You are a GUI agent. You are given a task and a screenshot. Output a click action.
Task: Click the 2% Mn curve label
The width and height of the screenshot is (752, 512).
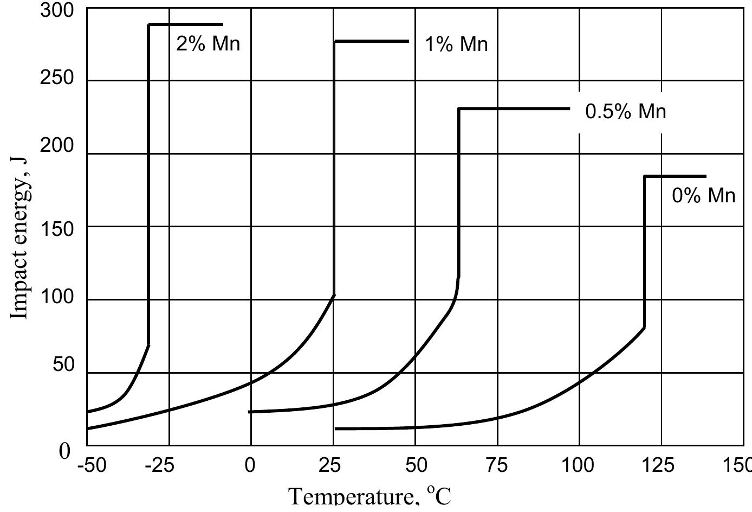(x=208, y=43)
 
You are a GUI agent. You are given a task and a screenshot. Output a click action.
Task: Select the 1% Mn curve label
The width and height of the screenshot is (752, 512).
(x=456, y=44)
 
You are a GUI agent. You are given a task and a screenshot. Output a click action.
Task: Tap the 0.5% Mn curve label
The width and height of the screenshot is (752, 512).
(x=625, y=111)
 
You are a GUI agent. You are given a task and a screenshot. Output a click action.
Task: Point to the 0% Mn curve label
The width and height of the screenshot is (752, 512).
(x=704, y=195)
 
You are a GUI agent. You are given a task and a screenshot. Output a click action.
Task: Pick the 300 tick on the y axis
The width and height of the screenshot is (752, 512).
(x=57, y=10)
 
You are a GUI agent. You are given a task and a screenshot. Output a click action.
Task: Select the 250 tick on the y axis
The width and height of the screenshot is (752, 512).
(x=57, y=78)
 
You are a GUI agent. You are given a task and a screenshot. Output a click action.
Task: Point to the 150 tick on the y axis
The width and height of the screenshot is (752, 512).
(x=57, y=229)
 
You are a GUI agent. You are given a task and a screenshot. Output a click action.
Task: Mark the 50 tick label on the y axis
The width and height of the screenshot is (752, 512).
(x=63, y=364)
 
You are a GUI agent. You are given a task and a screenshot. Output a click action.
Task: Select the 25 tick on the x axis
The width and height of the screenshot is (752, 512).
(x=333, y=465)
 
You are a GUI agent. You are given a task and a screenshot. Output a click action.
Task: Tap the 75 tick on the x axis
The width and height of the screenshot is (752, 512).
(x=497, y=465)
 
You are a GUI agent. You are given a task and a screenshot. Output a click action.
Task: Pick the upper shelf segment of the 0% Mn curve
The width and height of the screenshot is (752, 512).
(x=675, y=176)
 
